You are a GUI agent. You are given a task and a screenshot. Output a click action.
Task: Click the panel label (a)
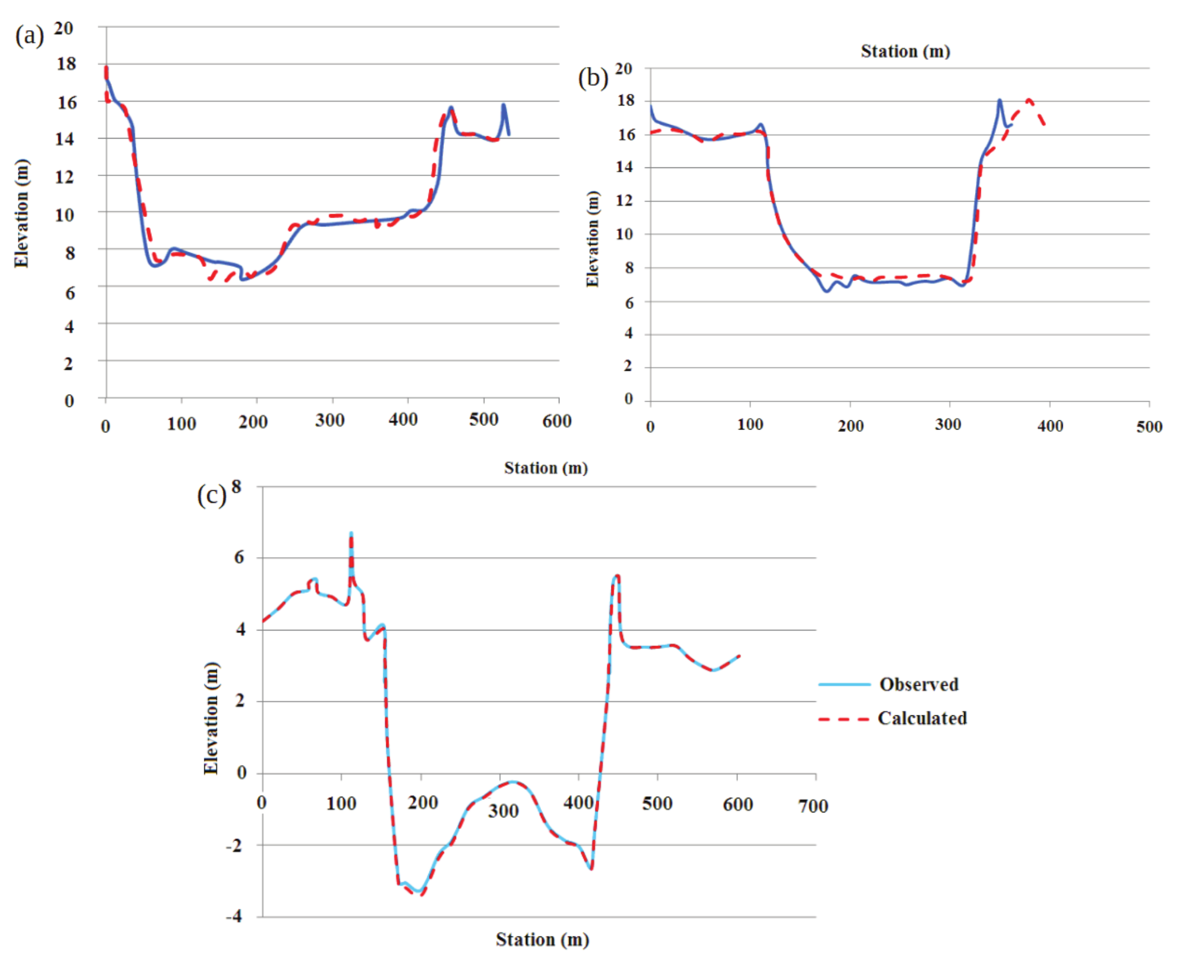(29, 36)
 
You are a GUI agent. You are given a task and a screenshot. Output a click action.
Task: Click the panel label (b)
(593, 78)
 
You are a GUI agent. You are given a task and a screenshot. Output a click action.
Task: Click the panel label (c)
(211, 495)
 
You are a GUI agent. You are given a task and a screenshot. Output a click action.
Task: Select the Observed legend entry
(918, 685)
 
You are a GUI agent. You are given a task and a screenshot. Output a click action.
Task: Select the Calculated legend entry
(921, 718)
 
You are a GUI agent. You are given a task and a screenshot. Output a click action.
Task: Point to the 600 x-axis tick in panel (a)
(557, 421)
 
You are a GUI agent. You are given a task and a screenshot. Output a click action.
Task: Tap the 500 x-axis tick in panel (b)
(1149, 427)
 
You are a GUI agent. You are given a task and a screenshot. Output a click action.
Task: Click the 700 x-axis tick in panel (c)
(813, 806)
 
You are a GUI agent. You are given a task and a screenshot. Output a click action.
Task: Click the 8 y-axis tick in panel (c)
(237, 487)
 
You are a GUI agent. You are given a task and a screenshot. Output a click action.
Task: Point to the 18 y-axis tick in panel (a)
(66, 64)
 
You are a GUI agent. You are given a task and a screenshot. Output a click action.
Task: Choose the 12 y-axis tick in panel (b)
(624, 201)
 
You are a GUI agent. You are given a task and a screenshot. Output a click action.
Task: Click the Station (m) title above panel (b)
(905, 51)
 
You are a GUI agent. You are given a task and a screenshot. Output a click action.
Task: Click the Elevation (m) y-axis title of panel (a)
(21, 213)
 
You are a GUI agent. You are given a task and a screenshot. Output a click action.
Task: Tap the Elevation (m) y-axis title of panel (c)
(211, 718)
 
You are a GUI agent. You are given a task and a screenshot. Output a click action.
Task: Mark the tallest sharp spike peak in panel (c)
(351, 533)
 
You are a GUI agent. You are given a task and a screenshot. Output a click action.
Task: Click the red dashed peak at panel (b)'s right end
(1029, 100)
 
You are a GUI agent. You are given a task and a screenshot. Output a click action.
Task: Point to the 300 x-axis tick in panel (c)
(503, 811)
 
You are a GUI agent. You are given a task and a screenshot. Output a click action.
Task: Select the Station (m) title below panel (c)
(542, 940)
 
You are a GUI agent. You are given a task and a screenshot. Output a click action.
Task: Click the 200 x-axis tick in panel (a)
(253, 423)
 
